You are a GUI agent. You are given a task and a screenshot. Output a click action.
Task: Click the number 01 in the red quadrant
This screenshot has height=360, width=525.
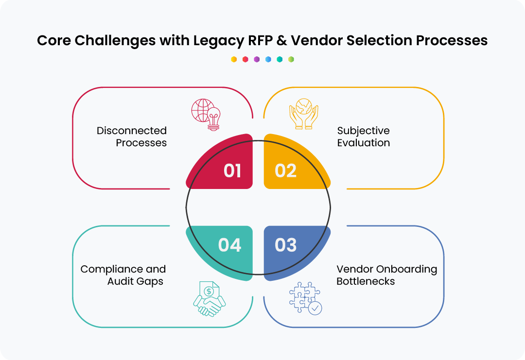click(232, 171)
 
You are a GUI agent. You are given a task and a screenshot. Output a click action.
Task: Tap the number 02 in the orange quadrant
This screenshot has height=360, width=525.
click(285, 171)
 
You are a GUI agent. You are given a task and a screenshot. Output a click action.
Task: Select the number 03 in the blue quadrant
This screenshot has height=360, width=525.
click(285, 245)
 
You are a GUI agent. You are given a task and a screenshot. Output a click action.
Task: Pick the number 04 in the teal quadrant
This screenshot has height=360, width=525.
click(229, 245)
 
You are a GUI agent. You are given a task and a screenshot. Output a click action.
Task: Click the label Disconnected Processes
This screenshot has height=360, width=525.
click(132, 137)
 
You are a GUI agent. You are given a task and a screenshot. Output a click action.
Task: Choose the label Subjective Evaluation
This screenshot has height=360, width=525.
click(364, 137)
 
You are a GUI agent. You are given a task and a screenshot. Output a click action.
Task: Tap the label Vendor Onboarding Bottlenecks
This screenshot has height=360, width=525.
click(386, 275)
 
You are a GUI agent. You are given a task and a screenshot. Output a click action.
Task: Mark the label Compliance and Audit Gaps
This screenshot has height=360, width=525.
click(123, 275)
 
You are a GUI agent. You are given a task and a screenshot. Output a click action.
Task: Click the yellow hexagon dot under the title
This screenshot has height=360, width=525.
click(234, 59)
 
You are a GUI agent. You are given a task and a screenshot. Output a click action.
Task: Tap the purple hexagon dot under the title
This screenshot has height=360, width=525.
click(257, 59)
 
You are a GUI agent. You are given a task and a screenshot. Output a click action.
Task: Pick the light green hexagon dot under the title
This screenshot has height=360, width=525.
click(291, 59)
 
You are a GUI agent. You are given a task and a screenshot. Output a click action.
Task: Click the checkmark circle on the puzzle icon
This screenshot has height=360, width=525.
click(315, 308)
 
